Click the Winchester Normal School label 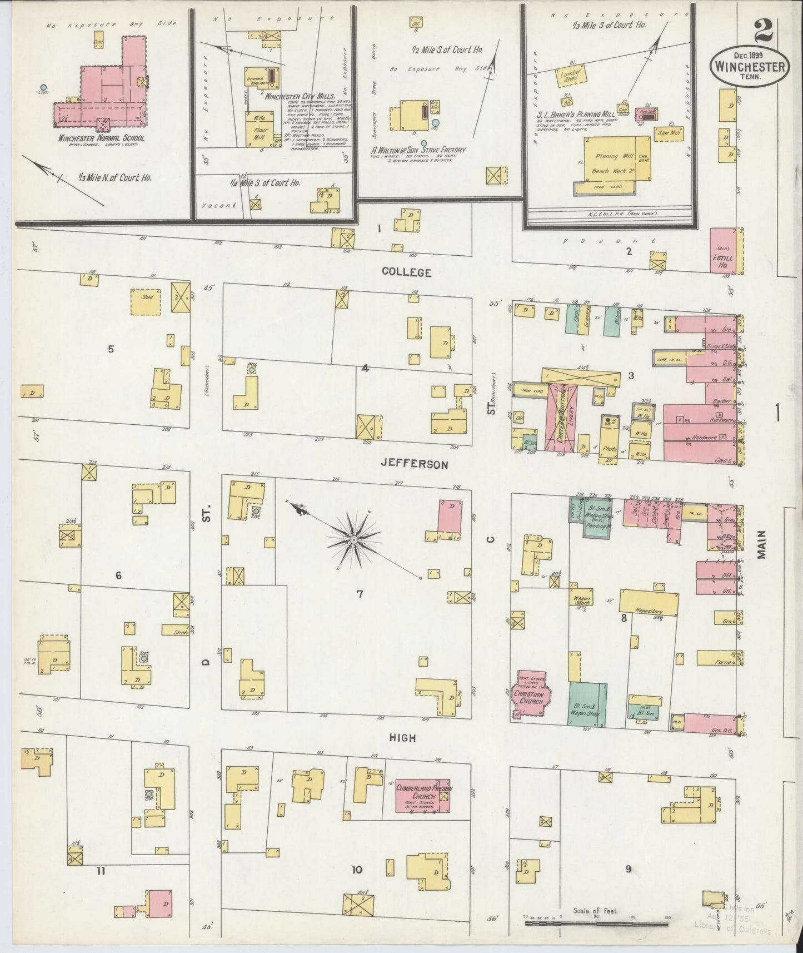click(x=102, y=138)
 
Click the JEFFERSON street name click(x=414, y=464)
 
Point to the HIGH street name click(x=403, y=737)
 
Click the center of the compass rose click(x=353, y=539)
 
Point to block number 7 click(x=360, y=594)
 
